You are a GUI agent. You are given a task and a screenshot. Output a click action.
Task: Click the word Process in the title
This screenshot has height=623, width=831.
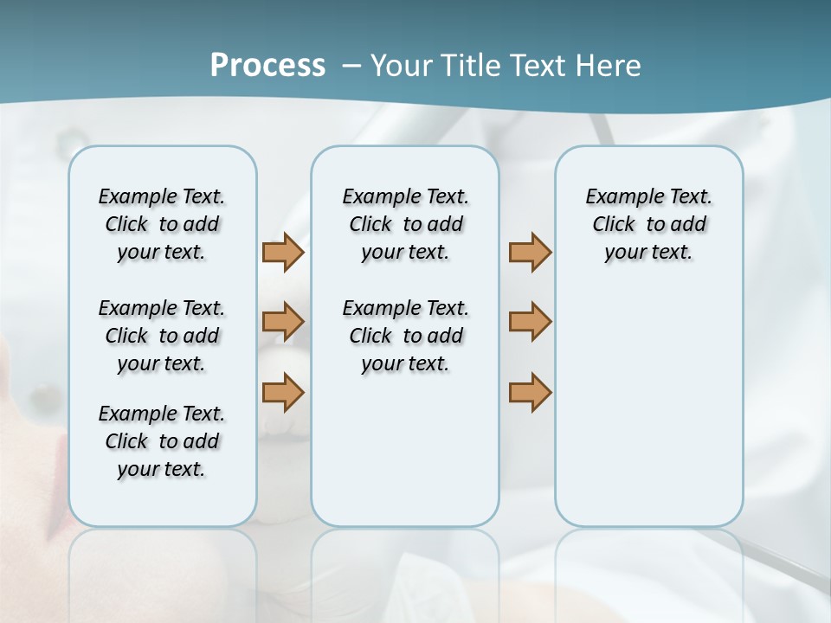click(x=267, y=65)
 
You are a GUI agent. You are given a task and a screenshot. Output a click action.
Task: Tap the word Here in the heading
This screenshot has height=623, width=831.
click(x=609, y=66)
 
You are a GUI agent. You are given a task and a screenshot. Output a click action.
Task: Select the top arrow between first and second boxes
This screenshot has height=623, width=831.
click(x=283, y=253)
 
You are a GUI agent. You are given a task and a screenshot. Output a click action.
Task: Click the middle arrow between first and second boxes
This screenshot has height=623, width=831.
click(x=283, y=322)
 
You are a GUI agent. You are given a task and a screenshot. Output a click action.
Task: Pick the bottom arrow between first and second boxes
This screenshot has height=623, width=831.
click(x=283, y=392)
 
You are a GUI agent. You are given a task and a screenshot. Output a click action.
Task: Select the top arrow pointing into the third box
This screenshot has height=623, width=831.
click(x=530, y=253)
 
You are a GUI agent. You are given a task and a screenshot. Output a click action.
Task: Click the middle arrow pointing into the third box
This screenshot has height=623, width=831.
click(x=530, y=322)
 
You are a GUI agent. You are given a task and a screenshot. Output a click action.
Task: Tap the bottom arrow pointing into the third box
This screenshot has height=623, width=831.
click(x=530, y=392)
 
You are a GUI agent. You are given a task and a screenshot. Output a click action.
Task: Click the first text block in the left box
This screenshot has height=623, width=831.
click(x=162, y=224)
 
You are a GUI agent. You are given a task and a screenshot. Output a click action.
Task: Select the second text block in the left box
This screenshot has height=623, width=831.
click(x=162, y=336)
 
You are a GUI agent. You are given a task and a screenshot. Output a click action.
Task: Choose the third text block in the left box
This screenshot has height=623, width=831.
click(x=162, y=441)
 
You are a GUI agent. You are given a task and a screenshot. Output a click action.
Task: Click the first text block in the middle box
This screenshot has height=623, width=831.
click(x=405, y=224)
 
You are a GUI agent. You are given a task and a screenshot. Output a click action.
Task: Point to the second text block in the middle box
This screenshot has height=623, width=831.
click(x=405, y=336)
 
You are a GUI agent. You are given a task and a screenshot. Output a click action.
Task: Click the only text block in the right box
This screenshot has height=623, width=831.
click(x=649, y=224)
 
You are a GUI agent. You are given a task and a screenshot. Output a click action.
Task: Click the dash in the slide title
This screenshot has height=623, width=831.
click(x=351, y=66)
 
